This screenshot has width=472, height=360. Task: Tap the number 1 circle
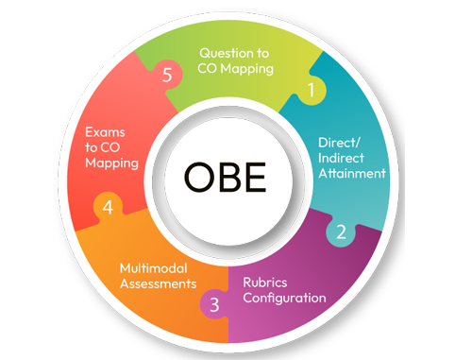click(312, 91)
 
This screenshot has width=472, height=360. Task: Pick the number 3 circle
click(214, 304)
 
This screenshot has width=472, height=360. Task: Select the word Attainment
click(352, 175)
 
